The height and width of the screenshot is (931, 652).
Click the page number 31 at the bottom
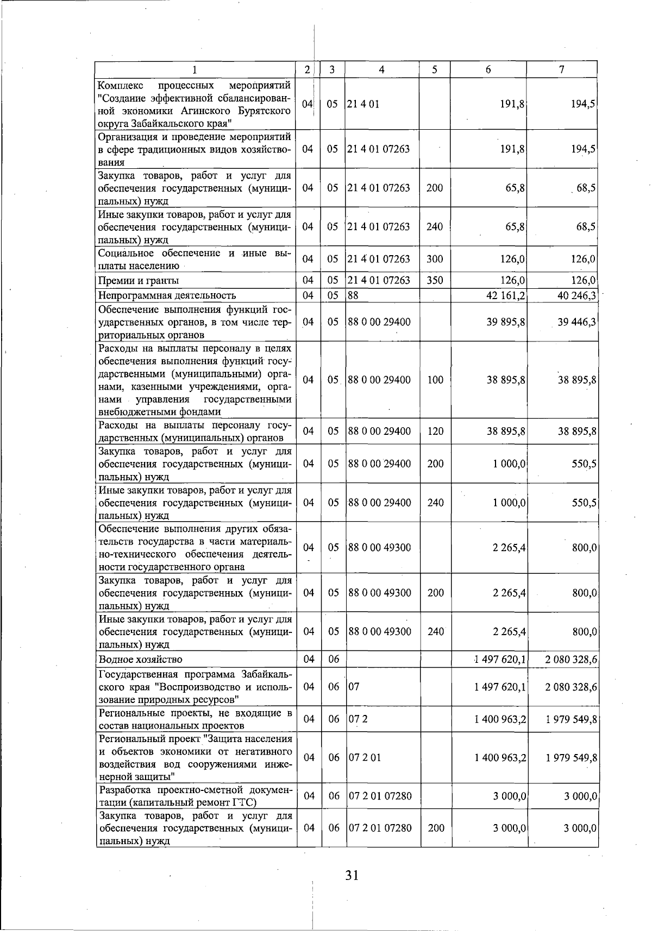coord(352,875)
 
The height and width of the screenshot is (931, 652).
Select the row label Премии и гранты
coord(139,281)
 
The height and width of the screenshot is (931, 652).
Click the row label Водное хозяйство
coord(140,659)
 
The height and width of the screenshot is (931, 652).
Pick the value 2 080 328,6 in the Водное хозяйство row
coord(572,659)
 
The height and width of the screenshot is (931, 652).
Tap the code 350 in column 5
coord(435,281)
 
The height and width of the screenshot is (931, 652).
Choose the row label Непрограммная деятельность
coord(167,295)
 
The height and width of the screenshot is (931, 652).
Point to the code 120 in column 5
coord(435,432)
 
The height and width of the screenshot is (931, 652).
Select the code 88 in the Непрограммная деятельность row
coord(354,295)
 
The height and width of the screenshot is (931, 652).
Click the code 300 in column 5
coord(435,259)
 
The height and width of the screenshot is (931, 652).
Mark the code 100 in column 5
coord(435,380)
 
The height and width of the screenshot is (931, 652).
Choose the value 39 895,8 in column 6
coord(506,322)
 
